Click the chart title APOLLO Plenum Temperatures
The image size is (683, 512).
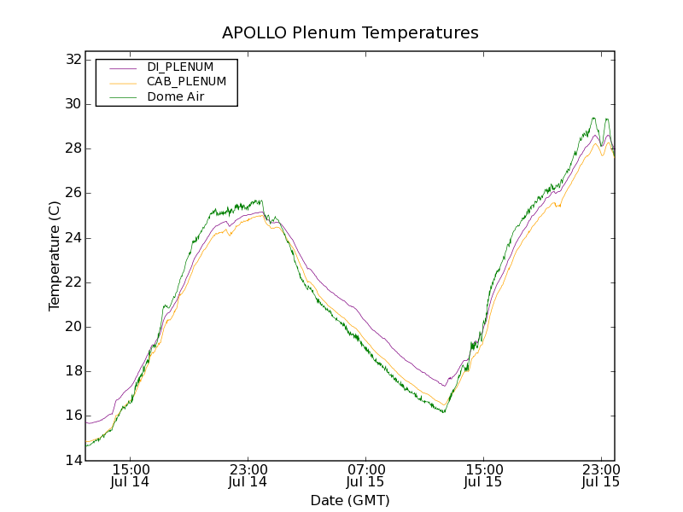pyautogui.click(x=350, y=33)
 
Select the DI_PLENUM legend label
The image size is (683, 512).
pyautogui.click(x=180, y=67)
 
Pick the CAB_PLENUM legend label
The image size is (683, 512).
pyautogui.click(x=186, y=82)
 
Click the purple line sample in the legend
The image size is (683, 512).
pyautogui.click(x=123, y=67)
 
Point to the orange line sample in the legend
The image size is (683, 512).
pyautogui.click(x=123, y=82)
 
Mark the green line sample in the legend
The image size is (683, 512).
pyautogui.click(x=123, y=97)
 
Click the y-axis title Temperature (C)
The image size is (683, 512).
pyautogui.click(x=55, y=255)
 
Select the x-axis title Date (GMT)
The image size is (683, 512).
pyautogui.click(x=350, y=500)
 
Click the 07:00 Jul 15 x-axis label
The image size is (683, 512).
pyautogui.click(x=365, y=475)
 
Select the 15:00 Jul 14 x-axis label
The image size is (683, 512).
pyautogui.click(x=131, y=475)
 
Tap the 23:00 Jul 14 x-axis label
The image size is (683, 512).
pyautogui.click(x=248, y=475)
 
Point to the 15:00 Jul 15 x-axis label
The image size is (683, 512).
pyautogui.click(x=483, y=475)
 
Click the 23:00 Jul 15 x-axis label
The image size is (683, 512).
pyautogui.click(x=600, y=475)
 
